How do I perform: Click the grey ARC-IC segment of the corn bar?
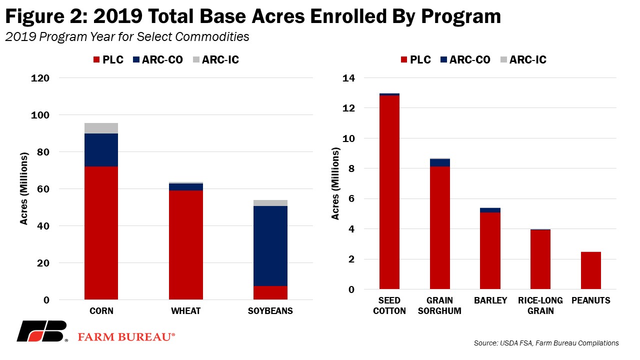[101, 128]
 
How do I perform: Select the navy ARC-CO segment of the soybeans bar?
[270, 245]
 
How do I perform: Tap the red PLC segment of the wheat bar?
[185, 244]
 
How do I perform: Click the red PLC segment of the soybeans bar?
[270, 292]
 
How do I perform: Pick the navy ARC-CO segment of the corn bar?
[101, 149]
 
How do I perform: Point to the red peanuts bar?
[590, 270]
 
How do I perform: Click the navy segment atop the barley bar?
[490, 210]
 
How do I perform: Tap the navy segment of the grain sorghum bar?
[440, 162]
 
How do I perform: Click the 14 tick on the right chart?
[348, 78]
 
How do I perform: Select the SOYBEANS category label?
[270, 311]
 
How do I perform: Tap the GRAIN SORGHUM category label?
[440, 305]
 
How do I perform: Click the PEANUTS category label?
[590, 300]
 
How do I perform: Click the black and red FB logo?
[42, 331]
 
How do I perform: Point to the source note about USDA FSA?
[546, 343]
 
